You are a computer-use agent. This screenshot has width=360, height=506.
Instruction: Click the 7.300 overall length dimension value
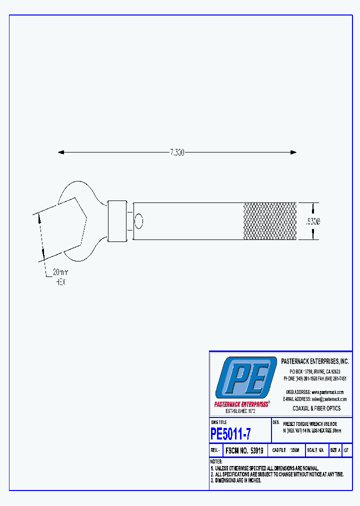pyautogui.click(x=176, y=152)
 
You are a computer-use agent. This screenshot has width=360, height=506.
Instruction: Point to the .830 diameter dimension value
pyautogui.click(x=313, y=220)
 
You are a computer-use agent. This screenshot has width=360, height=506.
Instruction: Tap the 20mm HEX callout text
pyautogui.click(x=59, y=276)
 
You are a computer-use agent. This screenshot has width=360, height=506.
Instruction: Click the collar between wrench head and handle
pyautogui.click(x=117, y=220)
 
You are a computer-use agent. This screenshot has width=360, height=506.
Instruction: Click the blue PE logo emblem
pyautogui.click(x=245, y=377)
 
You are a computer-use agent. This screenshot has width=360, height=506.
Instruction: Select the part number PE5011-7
pyautogui.click(x=230, y=433)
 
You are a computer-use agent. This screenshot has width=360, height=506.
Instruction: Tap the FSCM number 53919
pyautogui.click(x=245, y=450)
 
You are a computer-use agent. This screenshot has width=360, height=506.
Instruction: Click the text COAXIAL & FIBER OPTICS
pyautogui.click(x=316, y=408)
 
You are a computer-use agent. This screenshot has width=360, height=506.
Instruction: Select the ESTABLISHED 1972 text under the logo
pyautogui.click(x=241, y=410)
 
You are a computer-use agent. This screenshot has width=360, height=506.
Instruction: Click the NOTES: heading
pyautogui.click(x=216, y=461)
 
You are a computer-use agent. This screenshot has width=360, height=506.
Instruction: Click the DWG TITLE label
pyautogui.click(x=218, y=422)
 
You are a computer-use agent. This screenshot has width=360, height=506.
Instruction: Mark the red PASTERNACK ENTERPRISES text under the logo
pyautogui.click(x=241, y=404)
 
